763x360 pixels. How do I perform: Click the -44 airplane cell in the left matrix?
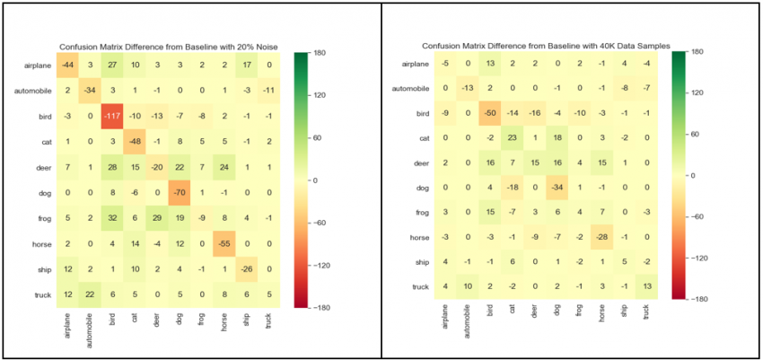coord(67,66)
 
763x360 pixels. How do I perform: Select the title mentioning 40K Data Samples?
coord(544,45)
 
